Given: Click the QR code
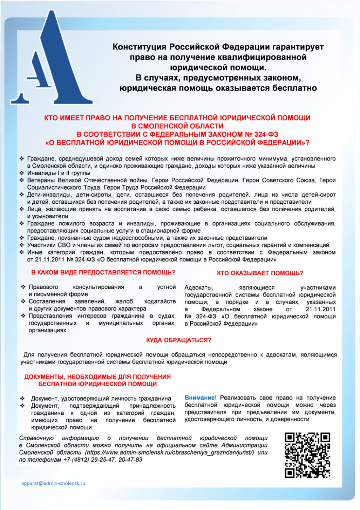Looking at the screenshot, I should pos(307,455).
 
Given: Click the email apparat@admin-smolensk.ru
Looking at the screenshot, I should pos(53,483).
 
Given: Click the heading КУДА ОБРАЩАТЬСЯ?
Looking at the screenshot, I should pos(178,340).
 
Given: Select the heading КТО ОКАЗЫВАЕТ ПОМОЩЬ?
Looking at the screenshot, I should pos(260,273).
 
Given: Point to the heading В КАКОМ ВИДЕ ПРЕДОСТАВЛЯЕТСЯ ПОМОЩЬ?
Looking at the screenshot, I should pos(103,272).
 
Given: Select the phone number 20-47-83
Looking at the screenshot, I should pos(130,460).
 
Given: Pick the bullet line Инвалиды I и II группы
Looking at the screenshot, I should pos(59,173).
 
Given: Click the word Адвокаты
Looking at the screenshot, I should pos(199,287).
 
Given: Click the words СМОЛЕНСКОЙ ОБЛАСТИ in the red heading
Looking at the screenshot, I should pos(177,126).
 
